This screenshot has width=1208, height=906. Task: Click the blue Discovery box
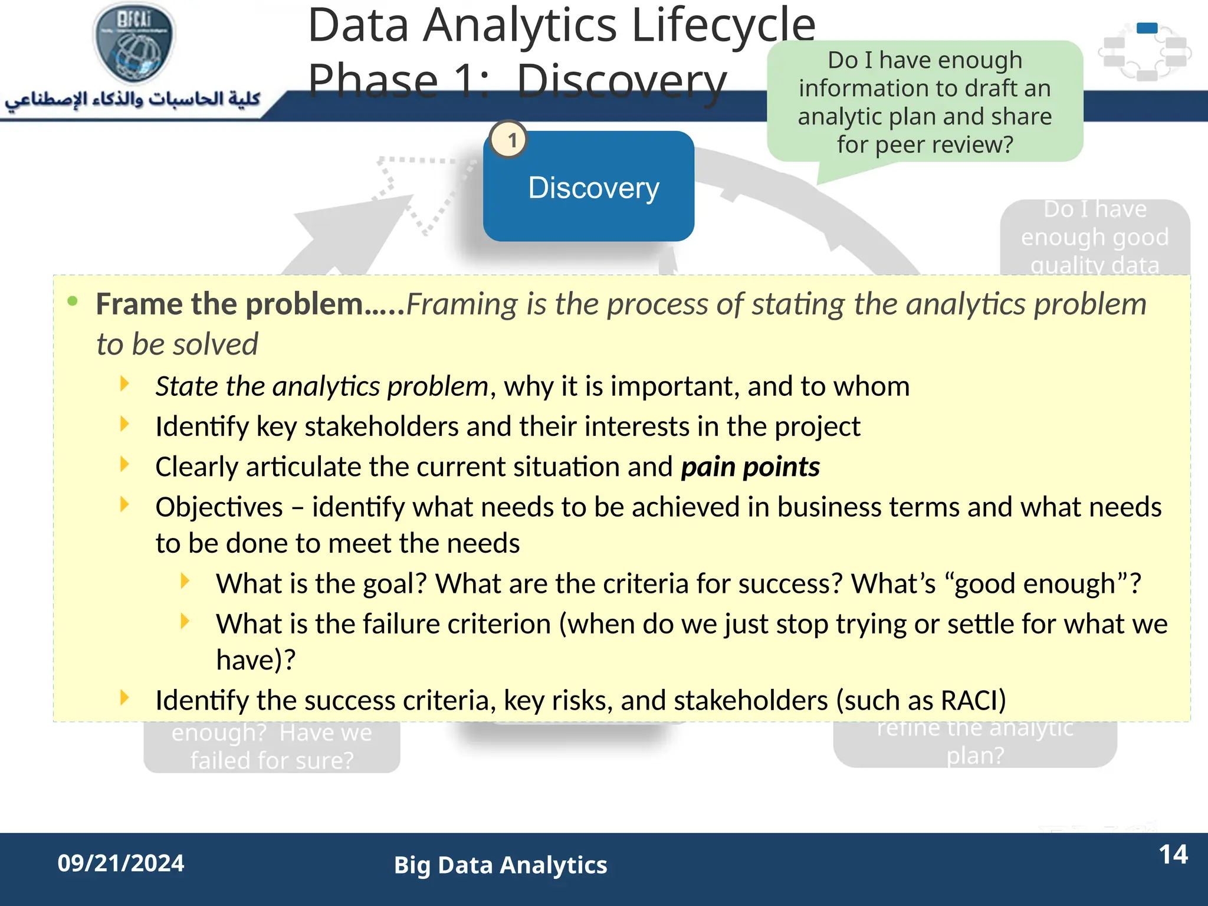click(x=588, y=187)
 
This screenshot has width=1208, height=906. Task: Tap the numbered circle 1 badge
click(x=509, y=140)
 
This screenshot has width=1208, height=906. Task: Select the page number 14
click(x=1173, y=855)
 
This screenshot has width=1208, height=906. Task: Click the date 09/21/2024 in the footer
click(x=121, y=864)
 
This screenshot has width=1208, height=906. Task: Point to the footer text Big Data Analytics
click(x=500, y=865)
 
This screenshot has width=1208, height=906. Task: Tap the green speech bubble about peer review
click(x=924, y=101)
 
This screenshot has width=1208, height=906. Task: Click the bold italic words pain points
click(x=750, y=467)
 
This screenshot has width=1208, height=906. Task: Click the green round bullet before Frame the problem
click(x=73, y=302)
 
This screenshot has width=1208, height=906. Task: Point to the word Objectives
click(x=219, y=507)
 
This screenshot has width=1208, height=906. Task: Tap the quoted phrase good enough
click(x=1035, y=584)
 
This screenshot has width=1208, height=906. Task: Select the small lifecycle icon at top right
click(x=1145, y=52)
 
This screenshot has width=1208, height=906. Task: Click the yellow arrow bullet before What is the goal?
click(x=185, y=582)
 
